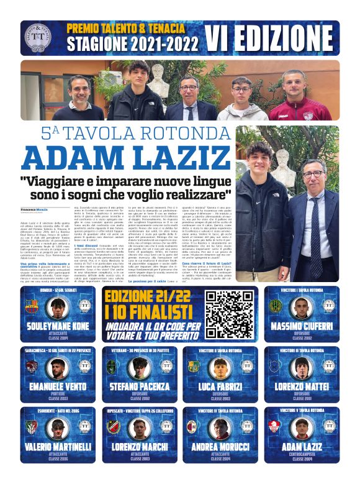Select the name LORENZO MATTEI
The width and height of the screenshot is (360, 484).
[302, 385]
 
